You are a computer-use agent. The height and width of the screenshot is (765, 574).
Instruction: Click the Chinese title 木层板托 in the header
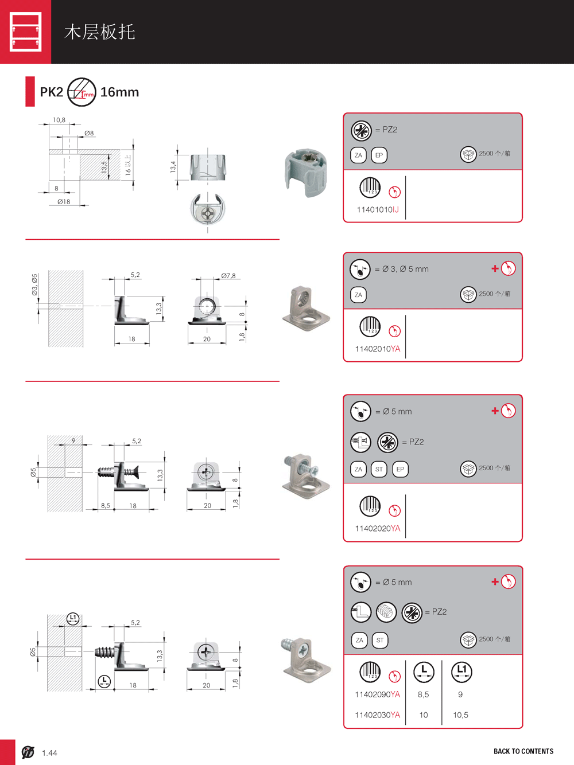pos(99,32)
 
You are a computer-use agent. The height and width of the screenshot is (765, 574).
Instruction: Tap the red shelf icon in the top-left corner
pos(26,32)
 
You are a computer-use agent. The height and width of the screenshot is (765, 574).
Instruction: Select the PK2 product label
pos(51,92)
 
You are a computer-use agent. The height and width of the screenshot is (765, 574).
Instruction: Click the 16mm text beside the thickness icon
pos(119,92)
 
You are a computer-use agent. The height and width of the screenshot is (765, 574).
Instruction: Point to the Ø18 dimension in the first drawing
pos(64,202)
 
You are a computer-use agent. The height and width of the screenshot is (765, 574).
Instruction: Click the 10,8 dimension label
pos(59,120)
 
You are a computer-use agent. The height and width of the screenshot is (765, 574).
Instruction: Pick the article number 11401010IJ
pos(377,210)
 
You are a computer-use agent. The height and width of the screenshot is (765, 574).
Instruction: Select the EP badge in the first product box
pos(379,155)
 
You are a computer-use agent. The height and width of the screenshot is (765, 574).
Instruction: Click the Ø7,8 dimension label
pos(228,276)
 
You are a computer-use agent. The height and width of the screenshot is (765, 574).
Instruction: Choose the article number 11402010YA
pos(377,349)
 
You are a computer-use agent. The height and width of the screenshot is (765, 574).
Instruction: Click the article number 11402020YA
pos(377,529)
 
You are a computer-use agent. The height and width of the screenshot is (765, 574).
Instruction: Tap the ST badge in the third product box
pos(379,469)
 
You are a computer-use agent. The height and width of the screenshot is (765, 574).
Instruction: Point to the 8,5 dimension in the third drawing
pos(106,506)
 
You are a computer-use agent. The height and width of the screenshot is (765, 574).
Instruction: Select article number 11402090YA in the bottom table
pos(377,695)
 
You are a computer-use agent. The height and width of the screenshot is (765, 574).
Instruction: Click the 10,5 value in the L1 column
pos(460,715)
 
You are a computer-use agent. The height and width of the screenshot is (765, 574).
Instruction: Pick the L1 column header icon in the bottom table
pos(461,671)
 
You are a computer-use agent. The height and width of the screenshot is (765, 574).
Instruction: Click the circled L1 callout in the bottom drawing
pos(72,618)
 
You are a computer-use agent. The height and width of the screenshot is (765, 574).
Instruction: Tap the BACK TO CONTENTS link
pos(523,751)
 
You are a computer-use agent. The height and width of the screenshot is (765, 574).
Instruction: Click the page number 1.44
pos(49,753)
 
